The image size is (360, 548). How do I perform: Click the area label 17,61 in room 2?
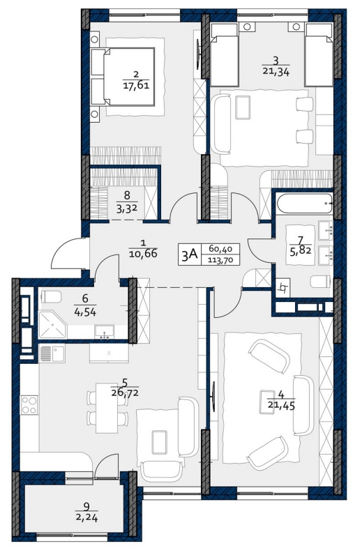tap(136, 85)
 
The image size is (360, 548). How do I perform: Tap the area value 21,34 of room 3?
tap(276, 72)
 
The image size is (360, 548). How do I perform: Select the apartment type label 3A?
tap(190, 254)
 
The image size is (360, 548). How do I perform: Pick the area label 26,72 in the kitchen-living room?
tap(125, 393)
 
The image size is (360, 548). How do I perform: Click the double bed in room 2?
tap(123, 77)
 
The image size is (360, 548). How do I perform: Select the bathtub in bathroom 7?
tap(304, 204)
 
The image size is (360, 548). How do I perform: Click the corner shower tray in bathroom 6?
tap(52, 325)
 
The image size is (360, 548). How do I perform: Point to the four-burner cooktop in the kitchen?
tap(29, 404)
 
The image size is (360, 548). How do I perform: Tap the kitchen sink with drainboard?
tap(52, 353)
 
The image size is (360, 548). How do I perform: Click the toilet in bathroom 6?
tap(51, 297)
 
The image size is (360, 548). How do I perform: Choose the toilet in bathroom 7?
tap(320, 282)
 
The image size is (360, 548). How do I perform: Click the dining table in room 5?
tap(107, 408)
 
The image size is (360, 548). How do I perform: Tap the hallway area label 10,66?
tap(143, 253)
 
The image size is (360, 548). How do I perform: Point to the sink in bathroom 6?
tap(105, 332)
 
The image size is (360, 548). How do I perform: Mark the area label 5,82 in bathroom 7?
tap(300, 250)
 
